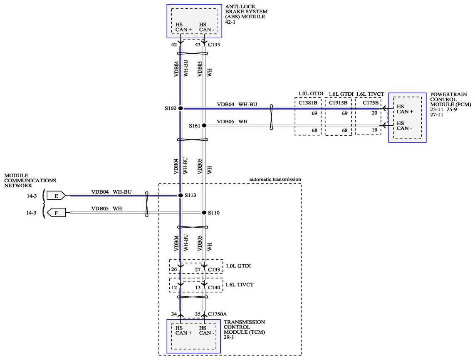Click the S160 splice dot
point(181,108)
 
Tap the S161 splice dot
point(204,125)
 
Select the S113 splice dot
point(181,196)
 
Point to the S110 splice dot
point(204,213)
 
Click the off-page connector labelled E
point(56,196)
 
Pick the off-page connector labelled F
point(56,213)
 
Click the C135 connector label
point(214,45)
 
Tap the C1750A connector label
point(217,314)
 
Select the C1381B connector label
point(308,103)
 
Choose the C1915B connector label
point(338,103)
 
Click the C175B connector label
point(371,103)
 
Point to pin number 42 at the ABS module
point(174,45)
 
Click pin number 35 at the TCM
point(198,314)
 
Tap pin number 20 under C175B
point(374,113)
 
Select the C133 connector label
point(214,269)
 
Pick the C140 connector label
point(214,288)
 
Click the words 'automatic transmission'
point(275,179)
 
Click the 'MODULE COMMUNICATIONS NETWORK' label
point(30,181)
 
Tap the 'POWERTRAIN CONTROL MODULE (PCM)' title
point(450,99)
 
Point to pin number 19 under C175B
point(374,130)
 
